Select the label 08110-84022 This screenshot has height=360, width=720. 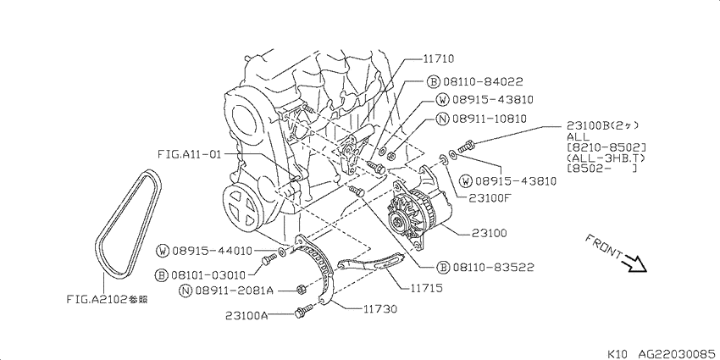(483, 82)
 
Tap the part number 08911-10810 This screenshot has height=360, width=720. (490, 119)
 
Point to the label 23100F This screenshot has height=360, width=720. (490, 198)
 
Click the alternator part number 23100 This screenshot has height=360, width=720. (490, 234)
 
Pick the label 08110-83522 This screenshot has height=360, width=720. (493, 267)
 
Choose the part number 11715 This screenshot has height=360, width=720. (427, 288)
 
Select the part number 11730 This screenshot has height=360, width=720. (380, 309)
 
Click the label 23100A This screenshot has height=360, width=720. (247, 315)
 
